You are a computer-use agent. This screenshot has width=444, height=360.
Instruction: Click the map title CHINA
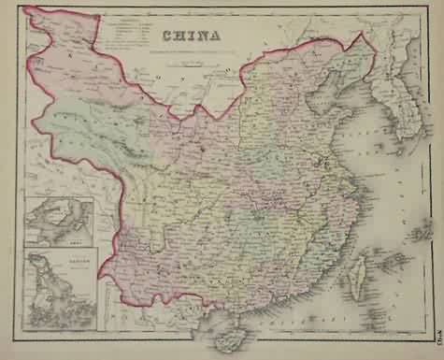pyautogui.click(x=192, y=37)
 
